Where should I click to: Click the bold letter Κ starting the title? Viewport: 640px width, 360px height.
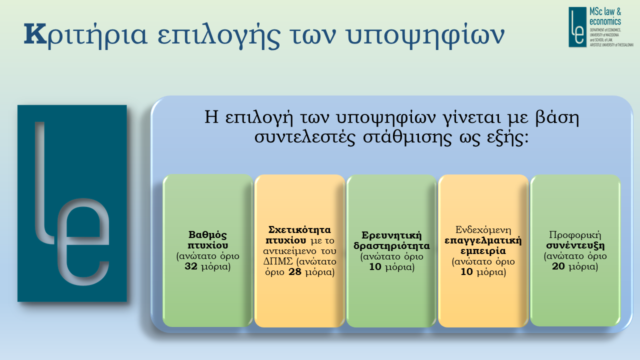coord(35,34)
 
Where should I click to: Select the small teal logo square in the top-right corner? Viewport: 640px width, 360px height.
coord(577,27)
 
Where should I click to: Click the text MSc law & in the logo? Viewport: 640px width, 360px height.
coord(605,11)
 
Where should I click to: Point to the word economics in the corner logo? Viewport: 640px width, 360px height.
coord(605,21)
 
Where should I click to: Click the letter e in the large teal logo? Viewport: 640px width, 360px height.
coord(83,241)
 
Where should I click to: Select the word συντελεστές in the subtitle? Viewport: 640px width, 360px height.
coord(304,138)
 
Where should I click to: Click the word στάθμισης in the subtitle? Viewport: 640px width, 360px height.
coord(407,137)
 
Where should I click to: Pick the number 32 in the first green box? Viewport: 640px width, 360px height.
coord(191,266)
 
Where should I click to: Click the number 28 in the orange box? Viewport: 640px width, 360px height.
coord(295,271)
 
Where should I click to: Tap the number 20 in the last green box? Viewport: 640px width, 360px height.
coord(558,266)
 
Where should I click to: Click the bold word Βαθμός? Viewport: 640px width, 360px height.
coord(207,235)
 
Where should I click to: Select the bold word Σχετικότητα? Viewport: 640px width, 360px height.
coord(299,229)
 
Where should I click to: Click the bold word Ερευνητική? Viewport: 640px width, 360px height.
coord(391,235)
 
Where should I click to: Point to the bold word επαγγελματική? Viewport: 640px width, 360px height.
coord(483,240)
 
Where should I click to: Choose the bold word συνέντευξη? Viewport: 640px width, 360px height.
coord(575,245)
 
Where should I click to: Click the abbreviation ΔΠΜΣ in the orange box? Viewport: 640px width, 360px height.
coord(278,261)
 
